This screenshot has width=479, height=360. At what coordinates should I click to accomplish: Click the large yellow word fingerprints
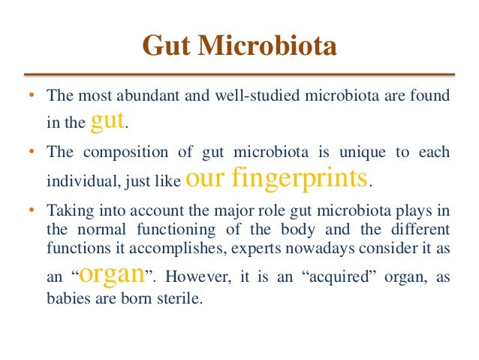click(309, 178)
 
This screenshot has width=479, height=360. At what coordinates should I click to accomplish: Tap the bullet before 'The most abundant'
click(32, 97)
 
